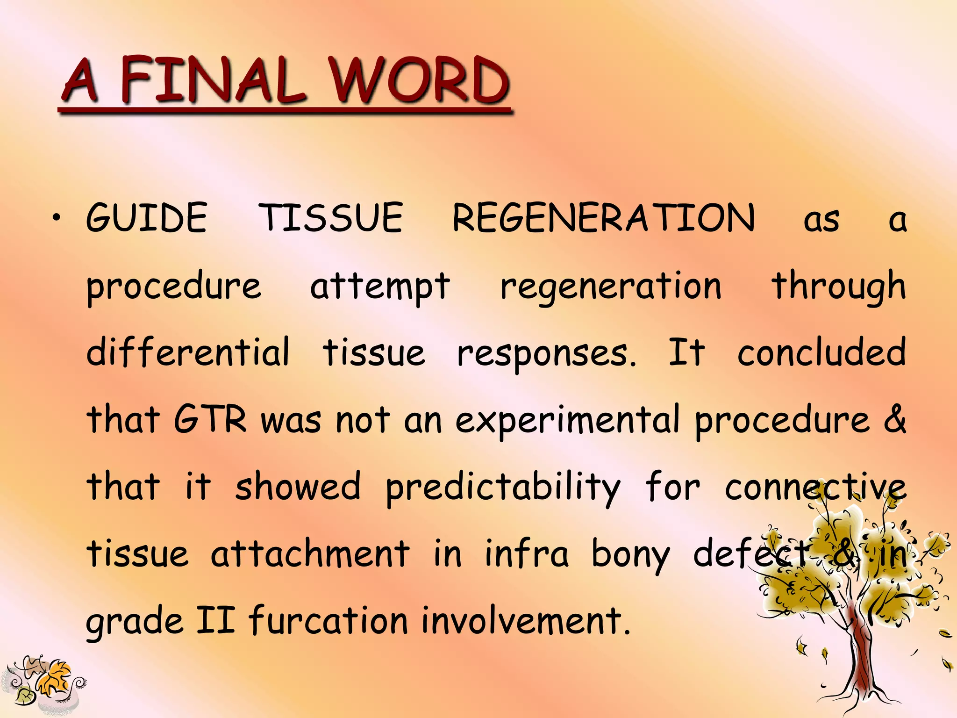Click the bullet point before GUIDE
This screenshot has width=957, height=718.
[57, 217]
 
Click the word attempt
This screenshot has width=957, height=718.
[380, 286]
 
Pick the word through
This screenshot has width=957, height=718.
[839, 286]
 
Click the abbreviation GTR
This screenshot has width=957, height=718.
[210, 419]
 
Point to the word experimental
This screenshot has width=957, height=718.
[567, 419]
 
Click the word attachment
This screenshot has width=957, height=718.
[310, 553]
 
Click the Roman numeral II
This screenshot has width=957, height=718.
[215, 620]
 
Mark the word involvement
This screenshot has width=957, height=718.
[526, 621]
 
